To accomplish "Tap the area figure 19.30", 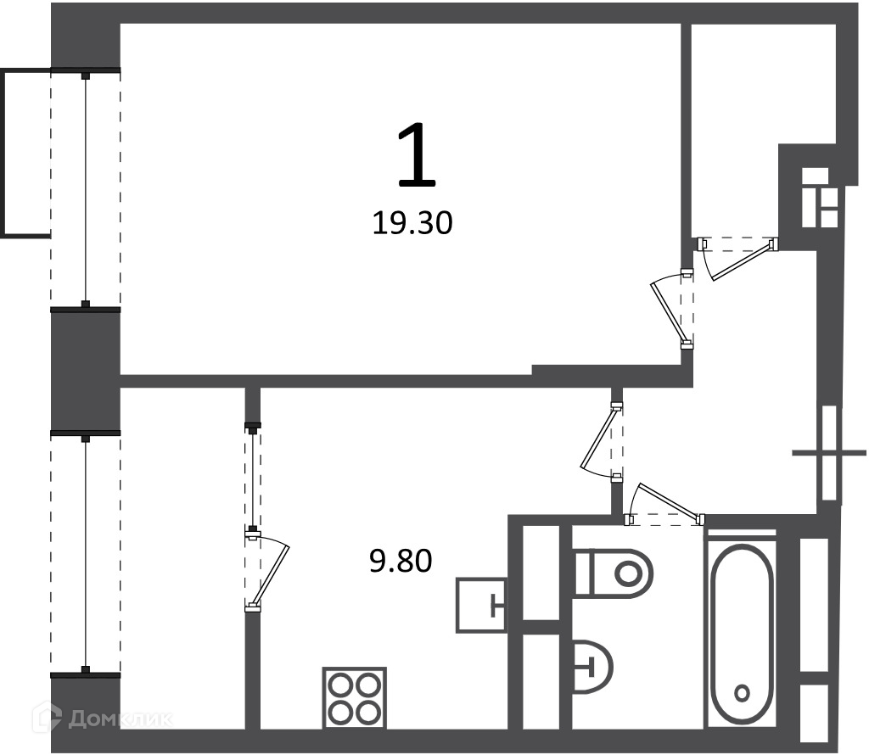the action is tap(412, 223).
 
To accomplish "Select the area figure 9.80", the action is tap(401, 561).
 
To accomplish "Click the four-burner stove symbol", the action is tap(354, 698).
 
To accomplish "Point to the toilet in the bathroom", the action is tap(613, 573).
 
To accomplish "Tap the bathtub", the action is tap(742, 630).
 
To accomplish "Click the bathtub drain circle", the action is tap(742, 692).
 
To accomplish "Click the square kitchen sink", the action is tap(481, 605).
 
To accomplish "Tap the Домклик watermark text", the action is tap(120, 719).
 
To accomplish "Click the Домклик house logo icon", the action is tap(47, 718).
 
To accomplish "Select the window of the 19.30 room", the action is tap(86, 188).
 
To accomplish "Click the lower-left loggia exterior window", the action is tap(86, 554).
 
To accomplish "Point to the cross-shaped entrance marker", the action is tap(829, 453).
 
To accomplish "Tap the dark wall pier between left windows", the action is tap(86, 371).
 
